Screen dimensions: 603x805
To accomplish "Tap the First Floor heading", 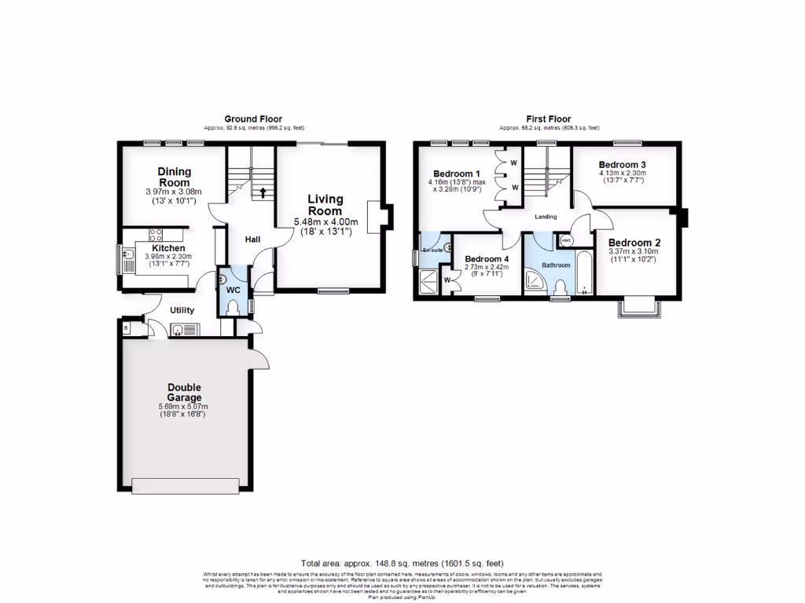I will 549,119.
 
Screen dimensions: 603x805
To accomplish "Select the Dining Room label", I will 174,177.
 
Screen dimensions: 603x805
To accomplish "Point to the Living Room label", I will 325,205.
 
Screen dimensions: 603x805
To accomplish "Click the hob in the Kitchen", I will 155,234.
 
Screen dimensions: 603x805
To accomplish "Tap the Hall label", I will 252,239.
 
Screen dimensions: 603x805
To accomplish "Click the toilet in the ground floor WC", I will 232,309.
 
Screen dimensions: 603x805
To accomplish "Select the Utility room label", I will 182,310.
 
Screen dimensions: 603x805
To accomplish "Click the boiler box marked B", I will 126,328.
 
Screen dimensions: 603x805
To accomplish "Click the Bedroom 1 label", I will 456,174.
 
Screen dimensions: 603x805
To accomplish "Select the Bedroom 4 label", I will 487,258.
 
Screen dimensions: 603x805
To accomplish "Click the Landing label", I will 545,217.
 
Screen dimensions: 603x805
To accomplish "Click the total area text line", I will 402,563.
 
